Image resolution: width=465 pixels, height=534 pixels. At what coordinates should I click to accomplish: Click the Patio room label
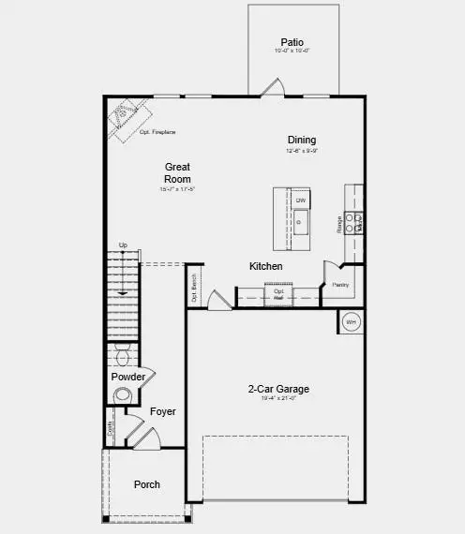tap(292, 42)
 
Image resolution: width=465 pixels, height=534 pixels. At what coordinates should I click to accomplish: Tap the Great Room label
tap(177, 173)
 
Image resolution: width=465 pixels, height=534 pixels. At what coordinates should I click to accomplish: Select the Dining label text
tap(302, 141)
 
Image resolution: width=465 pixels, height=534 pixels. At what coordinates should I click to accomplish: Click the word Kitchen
tap(265, 267)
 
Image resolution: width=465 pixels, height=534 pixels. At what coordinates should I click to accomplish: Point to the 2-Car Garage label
tap(278, 389)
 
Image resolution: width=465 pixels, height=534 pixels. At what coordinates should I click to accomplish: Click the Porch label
tap(146, 484)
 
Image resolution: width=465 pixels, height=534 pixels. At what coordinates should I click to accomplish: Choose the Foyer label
tap(162, 411)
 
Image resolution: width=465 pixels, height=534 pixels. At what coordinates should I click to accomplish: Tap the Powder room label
tap(128, 377)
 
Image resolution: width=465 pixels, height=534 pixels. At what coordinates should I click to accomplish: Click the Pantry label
tap(340, 283)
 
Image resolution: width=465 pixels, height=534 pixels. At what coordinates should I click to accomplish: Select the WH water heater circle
tap(351, 322)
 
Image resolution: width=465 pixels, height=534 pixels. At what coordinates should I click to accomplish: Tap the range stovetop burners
tap(354, 222)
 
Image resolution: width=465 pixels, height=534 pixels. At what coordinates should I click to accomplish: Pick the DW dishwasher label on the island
tap(301, 201)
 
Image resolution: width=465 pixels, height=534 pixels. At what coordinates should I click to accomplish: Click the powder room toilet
tap(122, 355)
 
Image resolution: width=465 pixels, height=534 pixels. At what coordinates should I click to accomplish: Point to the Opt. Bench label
tap(194, 289)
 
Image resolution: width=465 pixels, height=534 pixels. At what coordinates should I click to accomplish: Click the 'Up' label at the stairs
tap(123, 245)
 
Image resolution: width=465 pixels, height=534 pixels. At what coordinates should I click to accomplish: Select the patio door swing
tap(271, 87)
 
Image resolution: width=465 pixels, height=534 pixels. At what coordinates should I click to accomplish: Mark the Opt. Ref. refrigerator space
tap(278, 293)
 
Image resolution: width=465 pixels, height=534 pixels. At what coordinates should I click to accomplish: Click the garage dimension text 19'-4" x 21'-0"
tap(277, 398)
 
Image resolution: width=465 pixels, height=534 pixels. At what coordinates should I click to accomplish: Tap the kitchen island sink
tap(301, 222)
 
